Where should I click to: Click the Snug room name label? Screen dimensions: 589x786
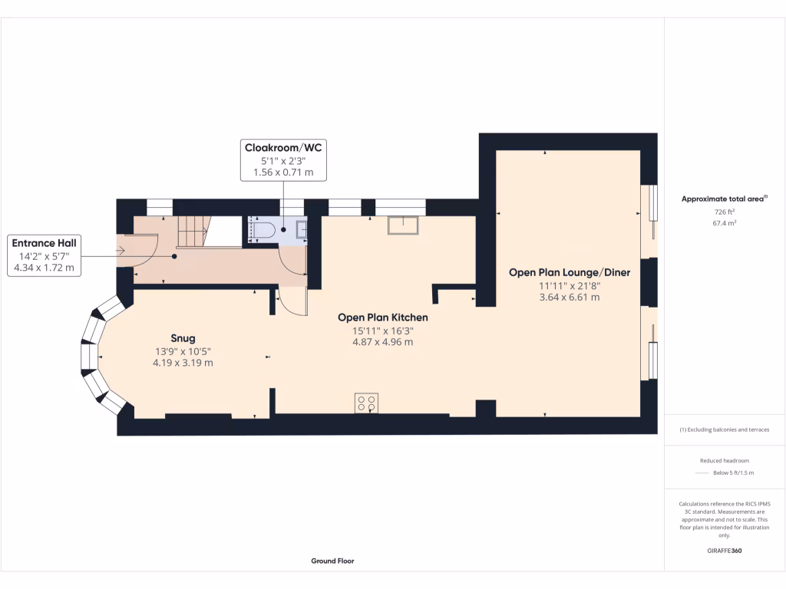(183, 338)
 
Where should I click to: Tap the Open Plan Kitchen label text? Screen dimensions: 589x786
(383, 317)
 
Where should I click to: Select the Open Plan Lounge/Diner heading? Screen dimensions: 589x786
(569, 272)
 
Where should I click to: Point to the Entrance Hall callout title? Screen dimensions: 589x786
(44, 243)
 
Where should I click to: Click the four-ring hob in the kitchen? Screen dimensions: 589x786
(366, 403)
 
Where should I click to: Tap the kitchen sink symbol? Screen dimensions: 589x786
(402, 225)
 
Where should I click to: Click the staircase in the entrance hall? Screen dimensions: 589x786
(193, 231)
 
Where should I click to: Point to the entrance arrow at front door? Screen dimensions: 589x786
(120, 250)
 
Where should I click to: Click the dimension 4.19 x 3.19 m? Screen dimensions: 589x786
(183, 363)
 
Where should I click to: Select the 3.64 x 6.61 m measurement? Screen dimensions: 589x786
(569, 298)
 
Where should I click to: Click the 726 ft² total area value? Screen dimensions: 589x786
(725, 212)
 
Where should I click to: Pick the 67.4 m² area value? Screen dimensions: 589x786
(725, 223)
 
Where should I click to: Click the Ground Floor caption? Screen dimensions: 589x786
(332, 561)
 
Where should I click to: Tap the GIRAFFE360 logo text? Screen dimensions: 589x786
(725, 551)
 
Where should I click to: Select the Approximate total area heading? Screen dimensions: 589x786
(723, 199)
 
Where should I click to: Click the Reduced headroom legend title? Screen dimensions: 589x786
(725, 461)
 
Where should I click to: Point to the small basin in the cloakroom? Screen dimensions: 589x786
(301, 228)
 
